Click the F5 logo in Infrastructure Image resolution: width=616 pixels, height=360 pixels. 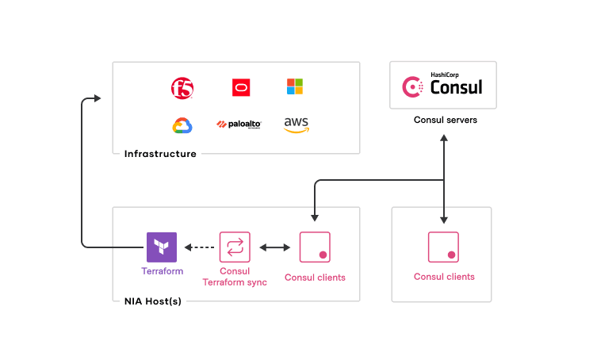(182, 88)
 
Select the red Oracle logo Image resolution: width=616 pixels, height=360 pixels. (241, 87)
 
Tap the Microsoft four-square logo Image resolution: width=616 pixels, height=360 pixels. (295, 86)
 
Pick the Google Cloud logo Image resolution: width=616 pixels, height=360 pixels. (182, 125)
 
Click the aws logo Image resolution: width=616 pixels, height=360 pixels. (296, 124)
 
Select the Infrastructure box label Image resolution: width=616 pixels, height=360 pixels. (160, 154)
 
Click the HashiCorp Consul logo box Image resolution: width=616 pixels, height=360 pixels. (443, 85)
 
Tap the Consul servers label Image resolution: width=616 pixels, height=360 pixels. (443, 120)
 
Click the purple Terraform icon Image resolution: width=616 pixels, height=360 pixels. (162, 247)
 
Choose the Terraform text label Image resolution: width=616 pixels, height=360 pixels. (162, 271)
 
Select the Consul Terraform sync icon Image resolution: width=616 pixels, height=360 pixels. (235, 247)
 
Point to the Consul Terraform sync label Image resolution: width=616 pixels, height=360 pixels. (235, 277)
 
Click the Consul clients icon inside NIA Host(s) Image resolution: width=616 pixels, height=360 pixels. (315, 247)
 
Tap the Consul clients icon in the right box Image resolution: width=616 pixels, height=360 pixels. (444, 247)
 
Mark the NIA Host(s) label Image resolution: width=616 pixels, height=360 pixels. (153, 301)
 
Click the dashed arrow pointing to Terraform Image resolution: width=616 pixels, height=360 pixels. (201, 248)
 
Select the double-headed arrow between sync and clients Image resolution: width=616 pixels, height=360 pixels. (274, 248)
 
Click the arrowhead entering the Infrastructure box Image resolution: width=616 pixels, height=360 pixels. (98, 98)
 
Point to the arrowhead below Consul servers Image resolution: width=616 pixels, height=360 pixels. (444, 139)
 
